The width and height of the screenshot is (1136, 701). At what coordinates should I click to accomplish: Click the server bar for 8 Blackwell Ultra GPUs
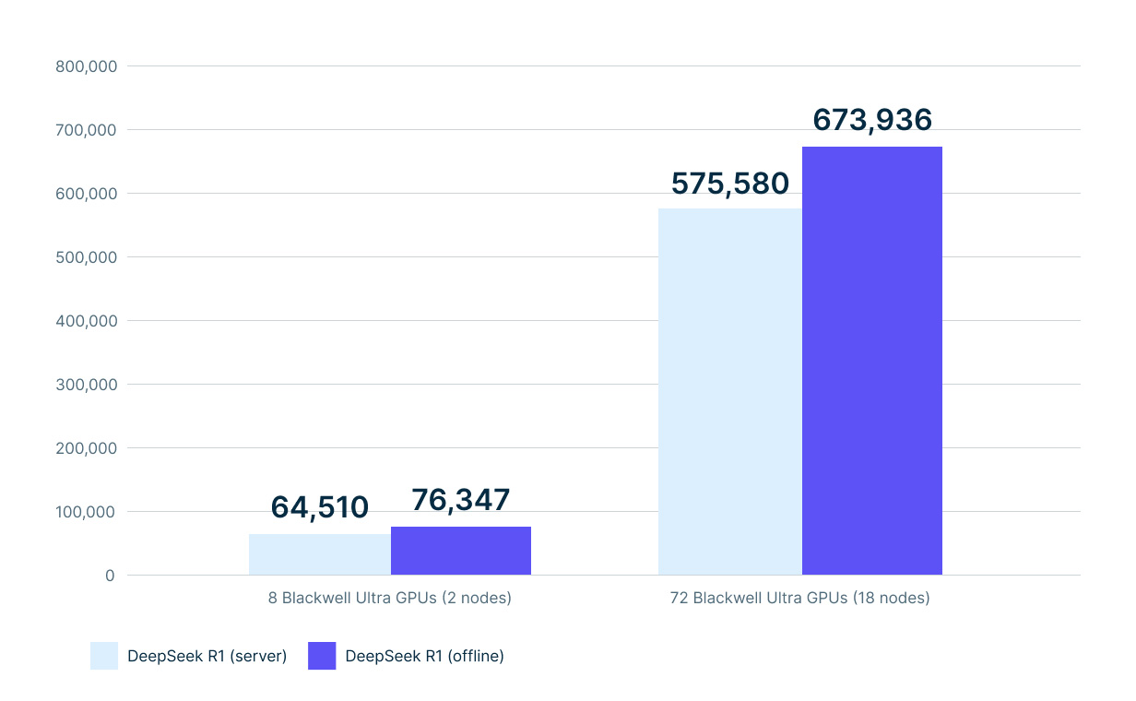tap(320, 554)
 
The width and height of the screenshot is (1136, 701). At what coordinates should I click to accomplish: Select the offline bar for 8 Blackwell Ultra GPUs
tap(461, 551)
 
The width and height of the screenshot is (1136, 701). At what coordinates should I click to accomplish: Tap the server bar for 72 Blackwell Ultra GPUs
tap(729, 392)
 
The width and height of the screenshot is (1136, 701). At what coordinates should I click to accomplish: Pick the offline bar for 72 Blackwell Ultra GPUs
tap(872, 361)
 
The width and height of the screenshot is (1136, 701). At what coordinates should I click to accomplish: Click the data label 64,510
tap(320, 507)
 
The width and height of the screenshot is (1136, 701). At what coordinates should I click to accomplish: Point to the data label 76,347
tap(461, 500)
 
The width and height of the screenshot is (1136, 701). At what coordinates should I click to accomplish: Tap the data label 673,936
tap(872, 120)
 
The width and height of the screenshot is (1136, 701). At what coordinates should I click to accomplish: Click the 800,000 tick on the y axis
tap(86, 66)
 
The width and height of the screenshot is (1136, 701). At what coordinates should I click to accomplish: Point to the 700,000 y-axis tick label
tap(86, 130)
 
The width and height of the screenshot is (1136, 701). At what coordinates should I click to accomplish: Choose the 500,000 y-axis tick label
tap(86, 257)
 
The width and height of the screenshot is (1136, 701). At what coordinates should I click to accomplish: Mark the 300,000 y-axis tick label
tap(86, 385)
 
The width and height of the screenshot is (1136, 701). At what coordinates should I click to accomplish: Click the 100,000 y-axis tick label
tap(86, 512)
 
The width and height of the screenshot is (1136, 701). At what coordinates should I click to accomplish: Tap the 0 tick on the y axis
tap(110, 576)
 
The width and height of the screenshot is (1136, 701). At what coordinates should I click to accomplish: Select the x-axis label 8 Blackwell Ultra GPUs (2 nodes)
tap(390, 598)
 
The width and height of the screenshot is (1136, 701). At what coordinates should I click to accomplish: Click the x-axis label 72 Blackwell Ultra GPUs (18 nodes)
tap(800, 598)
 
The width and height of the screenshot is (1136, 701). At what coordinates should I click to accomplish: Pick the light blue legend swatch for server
tap(104, 656)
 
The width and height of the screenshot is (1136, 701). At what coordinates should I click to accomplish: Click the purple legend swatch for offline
tap(322, 656)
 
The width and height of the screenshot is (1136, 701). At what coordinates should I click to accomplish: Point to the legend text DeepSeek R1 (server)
tap(207, 657)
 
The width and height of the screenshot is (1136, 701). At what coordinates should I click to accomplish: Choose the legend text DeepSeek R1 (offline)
tap(425, 657)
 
